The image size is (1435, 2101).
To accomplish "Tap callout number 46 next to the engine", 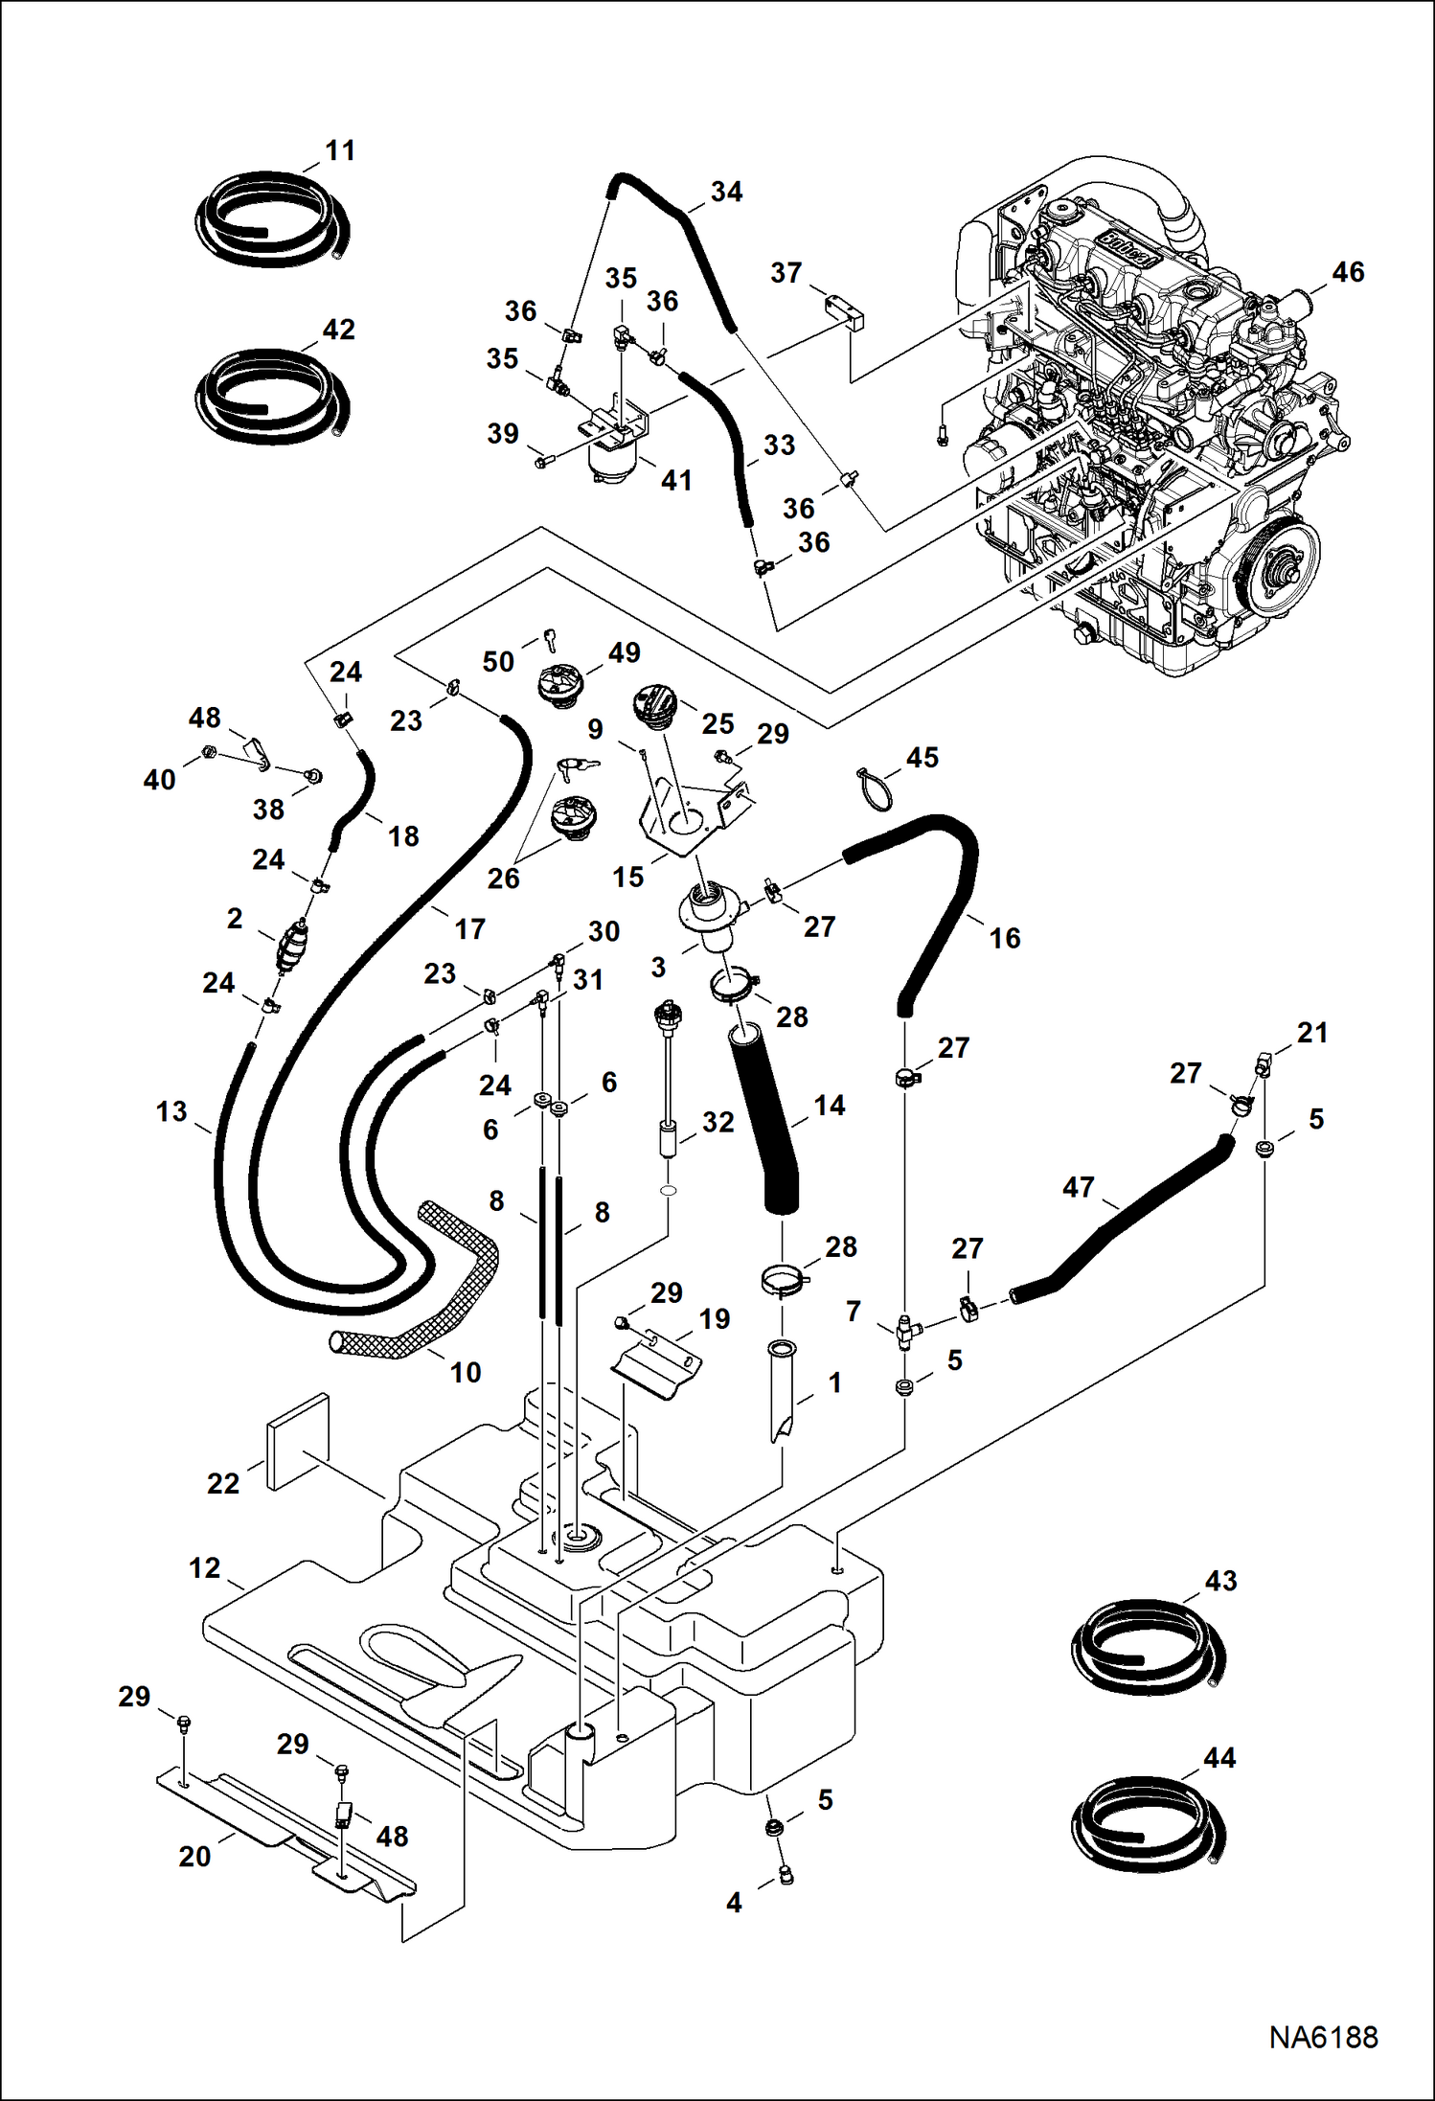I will tap(1347, 272).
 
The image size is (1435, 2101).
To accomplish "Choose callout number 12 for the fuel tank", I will tap(205, 1568).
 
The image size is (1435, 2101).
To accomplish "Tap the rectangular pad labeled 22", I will tap(297, 1442).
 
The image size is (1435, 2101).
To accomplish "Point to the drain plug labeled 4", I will tap(786, 1875).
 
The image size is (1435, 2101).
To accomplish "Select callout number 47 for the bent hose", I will tap(1078, 1187).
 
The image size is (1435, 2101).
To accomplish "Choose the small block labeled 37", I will tap(843, 311).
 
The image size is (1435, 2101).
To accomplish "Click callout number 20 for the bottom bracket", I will tap(194, 1856).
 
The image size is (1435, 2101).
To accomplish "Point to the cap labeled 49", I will tap(558, 687).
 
